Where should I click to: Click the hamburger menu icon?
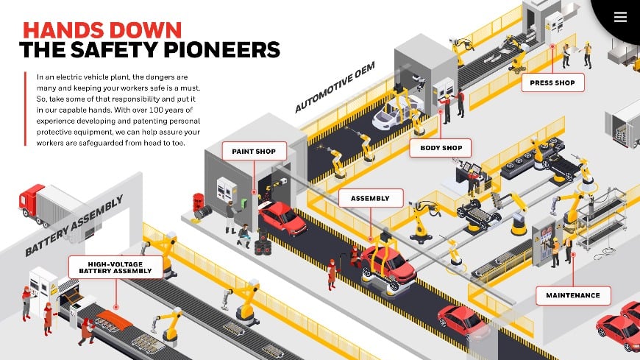pos(620,17)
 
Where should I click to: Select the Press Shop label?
pos(552,82)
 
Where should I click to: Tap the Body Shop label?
pos(441,148)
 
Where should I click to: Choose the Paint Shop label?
pos(254,151)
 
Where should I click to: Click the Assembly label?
pos(370,198)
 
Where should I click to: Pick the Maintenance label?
pos(573,295)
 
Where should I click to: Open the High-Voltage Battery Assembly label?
pos(115,268)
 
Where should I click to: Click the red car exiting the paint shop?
pos(282,219)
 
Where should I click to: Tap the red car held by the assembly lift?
pos(388,266)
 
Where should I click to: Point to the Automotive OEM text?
pos(335,87)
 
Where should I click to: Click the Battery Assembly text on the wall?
pos(74,226)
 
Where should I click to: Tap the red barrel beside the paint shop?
pos(198,202)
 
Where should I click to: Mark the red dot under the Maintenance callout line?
pos(573,255)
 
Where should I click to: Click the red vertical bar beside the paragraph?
pos(25,109)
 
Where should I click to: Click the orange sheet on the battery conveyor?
pos(114,317)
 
